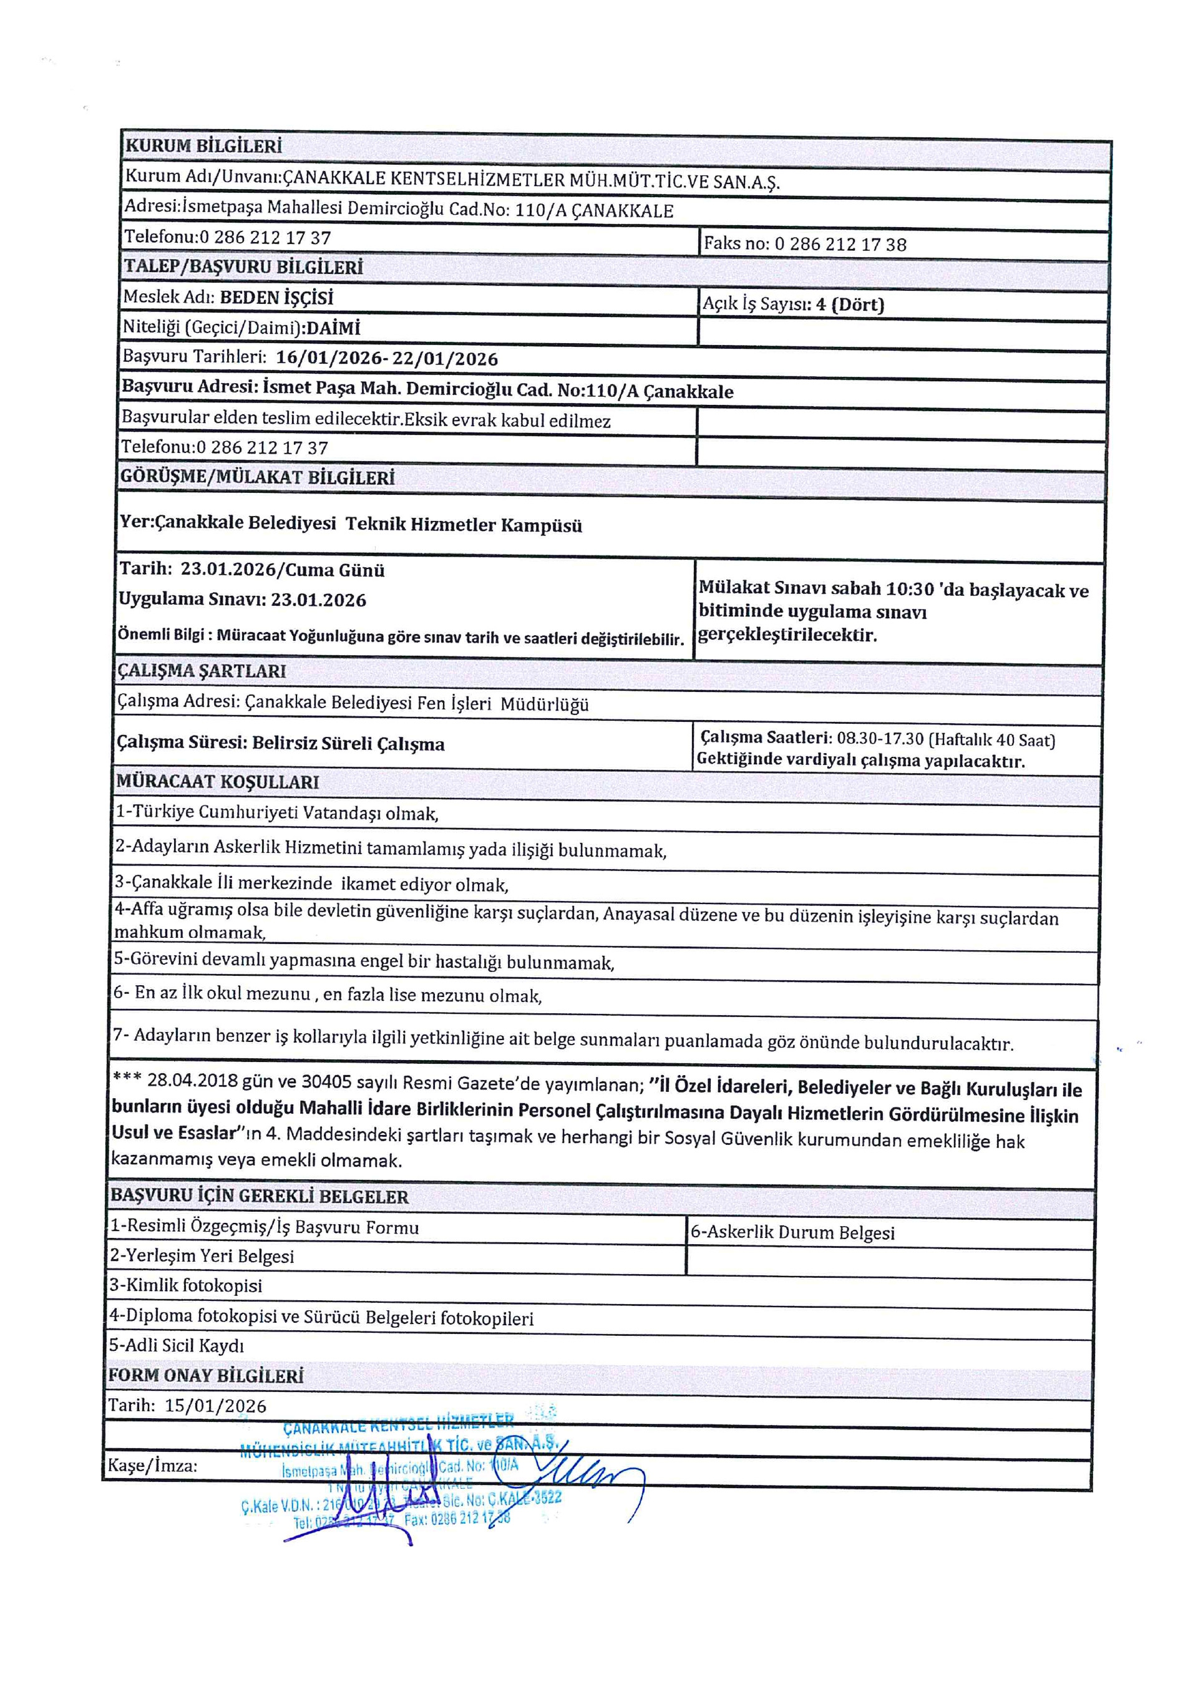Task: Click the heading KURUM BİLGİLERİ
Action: tap(203, 145)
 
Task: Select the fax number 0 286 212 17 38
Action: tap(840, 244)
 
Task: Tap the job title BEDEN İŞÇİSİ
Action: tap(276, 298)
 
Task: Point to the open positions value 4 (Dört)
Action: tap(850, 304)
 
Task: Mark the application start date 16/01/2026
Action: tap(328, 359)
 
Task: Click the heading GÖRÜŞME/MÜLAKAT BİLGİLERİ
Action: tap(258, 477)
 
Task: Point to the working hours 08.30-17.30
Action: tap(880, 739)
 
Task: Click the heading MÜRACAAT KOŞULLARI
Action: tap(218, 781)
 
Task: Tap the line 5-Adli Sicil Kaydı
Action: tap(177, 1345)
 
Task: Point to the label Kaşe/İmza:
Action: tap(153, 1465)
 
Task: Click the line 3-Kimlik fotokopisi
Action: tap(186, 1285)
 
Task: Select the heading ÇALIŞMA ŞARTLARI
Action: tap(202, 671)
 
